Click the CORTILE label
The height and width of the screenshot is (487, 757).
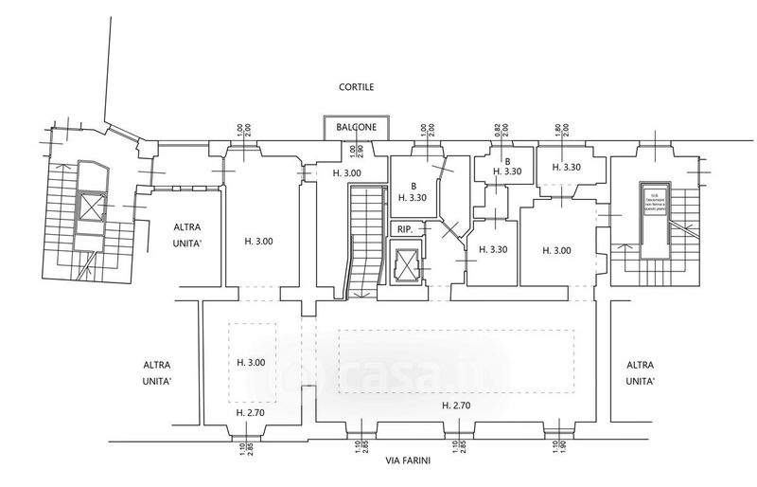pyautogui.click(x=357, y=87)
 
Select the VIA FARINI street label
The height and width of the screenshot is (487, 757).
pyautogui.click(x=410, y=461)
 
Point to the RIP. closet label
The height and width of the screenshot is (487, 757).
pyautogui.click(x=405, y=228)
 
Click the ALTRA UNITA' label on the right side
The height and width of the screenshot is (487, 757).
pyautogui.click(x=641, y=373)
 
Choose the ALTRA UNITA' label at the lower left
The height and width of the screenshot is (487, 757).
pyautogui.click(x=157, y=373)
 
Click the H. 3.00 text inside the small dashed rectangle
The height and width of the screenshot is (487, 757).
pyautogui.click(x=250, y=362)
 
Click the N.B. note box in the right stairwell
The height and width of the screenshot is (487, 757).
pyautogui.click(x=656, y=201)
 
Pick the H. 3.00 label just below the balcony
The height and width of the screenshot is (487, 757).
pyautogui.click(x=346, y=173)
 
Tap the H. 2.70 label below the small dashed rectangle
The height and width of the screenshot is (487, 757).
pyautogui.click(x=250, y=413)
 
